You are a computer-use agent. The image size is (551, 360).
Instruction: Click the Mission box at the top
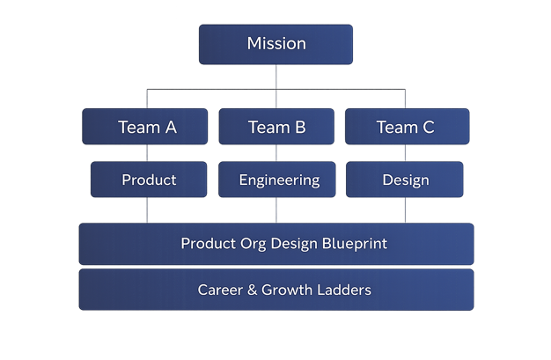click(x=275, y=44)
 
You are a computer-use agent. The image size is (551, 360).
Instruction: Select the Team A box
click(x=145, y=127)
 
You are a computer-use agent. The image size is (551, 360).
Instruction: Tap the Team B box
click(x=276, y=127)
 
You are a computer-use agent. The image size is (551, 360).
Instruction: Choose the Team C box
click(x=406, y=127)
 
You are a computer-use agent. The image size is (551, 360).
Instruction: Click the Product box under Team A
click(x=149, y=180)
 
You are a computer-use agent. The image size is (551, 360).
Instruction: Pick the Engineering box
click(x=278, y=180)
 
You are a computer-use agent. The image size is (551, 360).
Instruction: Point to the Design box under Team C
click(x=405, y=180)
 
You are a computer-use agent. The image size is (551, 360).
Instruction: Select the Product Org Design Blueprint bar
click(x=276, y=244)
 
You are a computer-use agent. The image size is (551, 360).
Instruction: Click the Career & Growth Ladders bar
click(x=276, y=290)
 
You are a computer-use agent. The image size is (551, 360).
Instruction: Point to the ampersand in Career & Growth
click(x=253, y=290)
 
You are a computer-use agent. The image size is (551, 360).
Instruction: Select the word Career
click(x=220, y=290)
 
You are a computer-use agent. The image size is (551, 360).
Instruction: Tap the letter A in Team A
click(x=171, y=127)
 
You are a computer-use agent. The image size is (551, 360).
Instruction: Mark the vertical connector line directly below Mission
click(x=276, y=77)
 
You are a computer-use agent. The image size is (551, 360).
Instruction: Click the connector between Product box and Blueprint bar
click(x=147, y=210)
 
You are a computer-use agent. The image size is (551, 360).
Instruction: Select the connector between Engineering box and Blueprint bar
click(x=276, y=210)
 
